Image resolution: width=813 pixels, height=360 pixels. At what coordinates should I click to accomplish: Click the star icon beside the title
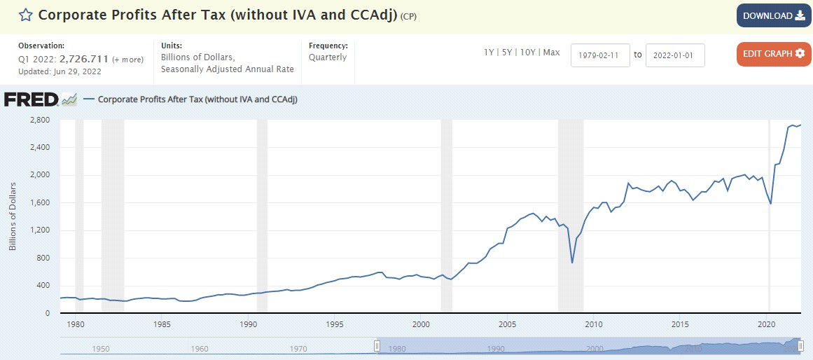pos(25,15)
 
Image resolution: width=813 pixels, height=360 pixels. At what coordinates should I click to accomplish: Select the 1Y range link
pos(489,53)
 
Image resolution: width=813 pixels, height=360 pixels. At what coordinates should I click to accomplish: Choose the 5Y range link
pos(506,53)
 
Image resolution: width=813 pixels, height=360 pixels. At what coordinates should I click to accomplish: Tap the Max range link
pos(551,53)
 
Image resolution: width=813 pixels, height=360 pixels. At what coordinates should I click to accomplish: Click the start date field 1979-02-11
pos(600,55)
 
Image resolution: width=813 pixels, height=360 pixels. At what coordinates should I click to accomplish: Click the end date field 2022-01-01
pos(674,55)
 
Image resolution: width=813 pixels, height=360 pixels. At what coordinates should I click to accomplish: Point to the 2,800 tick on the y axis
pos(40,120)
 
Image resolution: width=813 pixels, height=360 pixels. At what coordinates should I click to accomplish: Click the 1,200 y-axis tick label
pos(40,230)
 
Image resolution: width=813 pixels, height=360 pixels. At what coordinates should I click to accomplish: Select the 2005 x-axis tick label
pos(507,324)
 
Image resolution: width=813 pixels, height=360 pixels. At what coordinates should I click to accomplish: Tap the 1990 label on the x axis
pos(248,324)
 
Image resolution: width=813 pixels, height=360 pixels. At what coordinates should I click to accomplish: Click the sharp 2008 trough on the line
pos(572,263)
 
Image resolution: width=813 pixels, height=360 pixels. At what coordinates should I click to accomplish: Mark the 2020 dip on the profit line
pos(770,204)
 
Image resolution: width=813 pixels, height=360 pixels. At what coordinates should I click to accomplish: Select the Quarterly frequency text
pos(328,57)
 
